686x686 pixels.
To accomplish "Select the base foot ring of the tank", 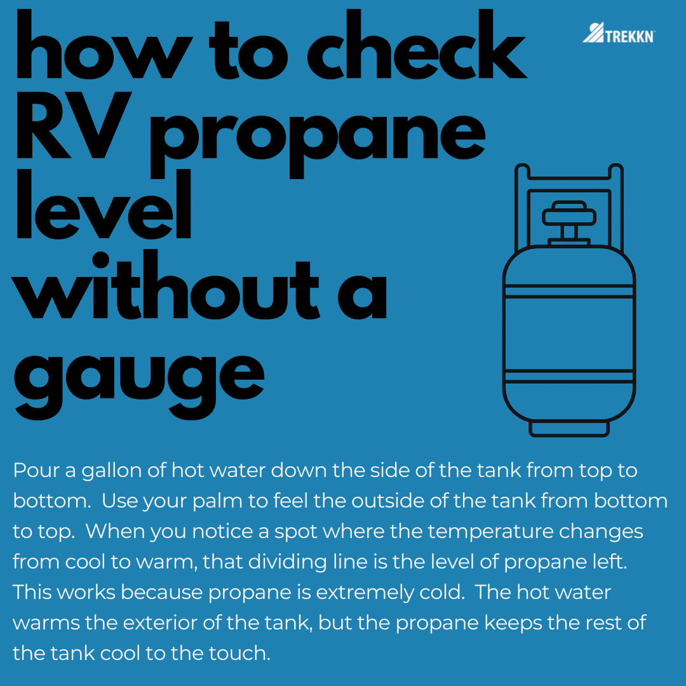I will [569, 428].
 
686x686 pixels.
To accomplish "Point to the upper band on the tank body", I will [569, 292].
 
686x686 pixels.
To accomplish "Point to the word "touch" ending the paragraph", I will [238, 652].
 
